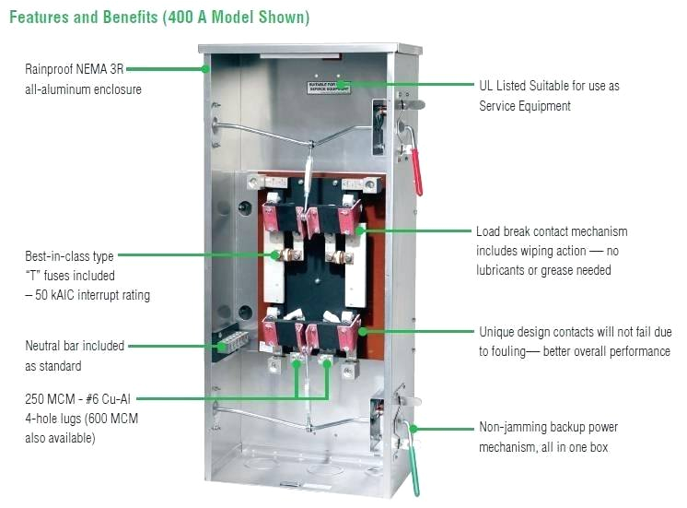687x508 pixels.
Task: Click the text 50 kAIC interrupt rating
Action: pyautogui.click(x=87, y=295)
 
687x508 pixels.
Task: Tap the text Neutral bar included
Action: pyautogui.click(x=75, y=346)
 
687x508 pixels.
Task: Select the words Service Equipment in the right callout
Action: pyautogui.click(x=525, y=106)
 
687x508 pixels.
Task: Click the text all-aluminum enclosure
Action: pyautogui.click(x=83, y=89)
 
